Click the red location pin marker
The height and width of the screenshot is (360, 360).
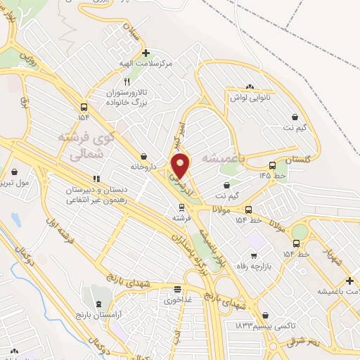pyautogui.click(x=181, y=166)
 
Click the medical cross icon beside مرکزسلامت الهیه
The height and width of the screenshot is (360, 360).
pyautogui.click(x=146, y=53)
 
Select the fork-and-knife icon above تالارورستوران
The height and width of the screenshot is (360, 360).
pyautogui.click(x=127, y=82)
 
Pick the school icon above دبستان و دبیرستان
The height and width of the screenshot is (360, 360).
pyautogui.click(x=96, y=179)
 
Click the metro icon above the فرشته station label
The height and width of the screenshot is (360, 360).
pyautogui.click(x=181, y=207)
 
